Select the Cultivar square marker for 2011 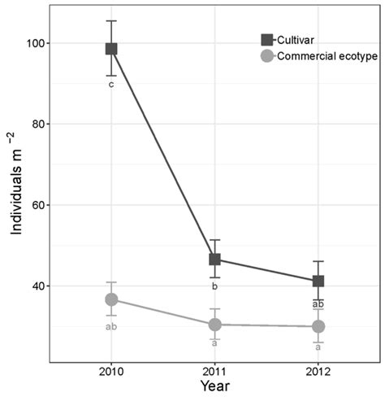pos(214,260)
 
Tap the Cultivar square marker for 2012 pos(318,281)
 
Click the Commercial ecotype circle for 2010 pos(111,299)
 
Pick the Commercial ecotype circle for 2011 pos(214,325)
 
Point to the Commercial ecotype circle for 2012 pos(318,326)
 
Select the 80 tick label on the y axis pos(37,124)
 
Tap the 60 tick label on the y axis pos(37,205)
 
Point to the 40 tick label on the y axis pos(37,286)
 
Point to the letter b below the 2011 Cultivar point pos(214,286)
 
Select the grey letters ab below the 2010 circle pos(111,327)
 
